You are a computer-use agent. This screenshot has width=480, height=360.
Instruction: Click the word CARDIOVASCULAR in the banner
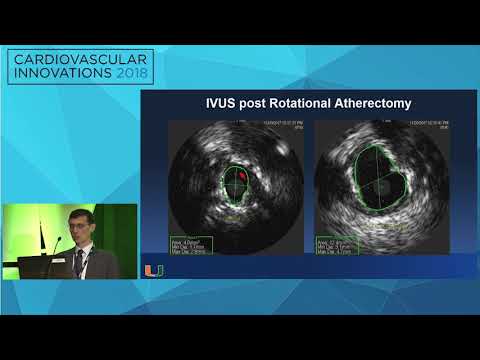pos(81,62)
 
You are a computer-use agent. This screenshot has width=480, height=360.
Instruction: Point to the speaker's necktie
pos(79,262)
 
